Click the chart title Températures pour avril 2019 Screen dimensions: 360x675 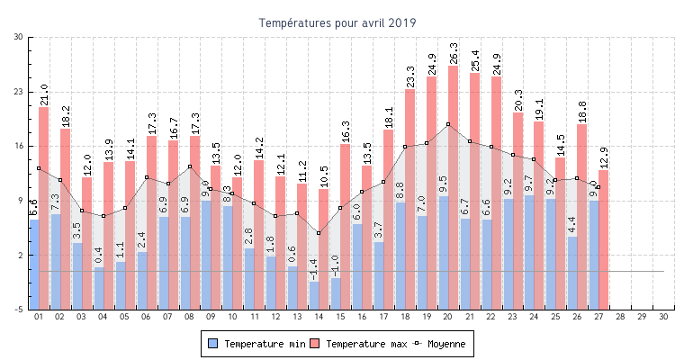click(337, 22)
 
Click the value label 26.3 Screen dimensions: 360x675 click(454, 53)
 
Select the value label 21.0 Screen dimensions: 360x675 click(44, 94)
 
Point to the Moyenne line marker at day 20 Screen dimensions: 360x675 click(448, 124)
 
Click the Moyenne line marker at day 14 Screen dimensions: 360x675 click(319, 233)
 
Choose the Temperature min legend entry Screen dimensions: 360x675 click(251, 344)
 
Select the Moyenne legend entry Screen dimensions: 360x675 click(440, 344)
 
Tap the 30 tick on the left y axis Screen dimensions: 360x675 click(19, 37)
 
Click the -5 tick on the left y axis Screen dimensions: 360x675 click(19, 310)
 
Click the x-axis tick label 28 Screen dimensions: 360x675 click(620, 317)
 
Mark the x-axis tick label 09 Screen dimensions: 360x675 click(211, 317)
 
